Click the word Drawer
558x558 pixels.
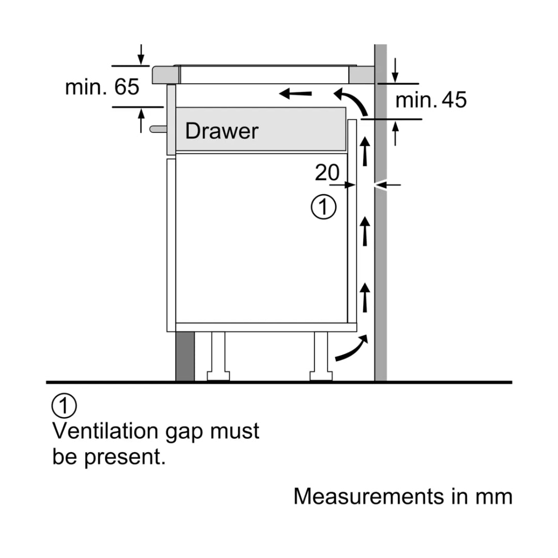click(x=222, y=131)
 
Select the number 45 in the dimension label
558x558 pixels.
click(x=454, y=100)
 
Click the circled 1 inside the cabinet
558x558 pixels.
click(x=323, y=207)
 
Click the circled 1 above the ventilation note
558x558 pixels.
click(x=64, y=406)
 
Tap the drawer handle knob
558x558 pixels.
click(x=158, y=129)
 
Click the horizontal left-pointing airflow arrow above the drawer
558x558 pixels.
click(x=296, y=94)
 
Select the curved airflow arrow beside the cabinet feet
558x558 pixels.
click(x=353, y=349)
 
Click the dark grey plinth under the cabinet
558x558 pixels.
click(x=185, y=356)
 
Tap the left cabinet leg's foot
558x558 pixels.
click(x=218, y=376)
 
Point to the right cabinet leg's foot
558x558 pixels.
click(x=321, y=376)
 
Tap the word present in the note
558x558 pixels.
click(x=125, y=457)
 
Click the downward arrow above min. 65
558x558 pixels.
click(x=141, y=55)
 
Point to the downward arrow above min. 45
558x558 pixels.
click(x=395, y=70)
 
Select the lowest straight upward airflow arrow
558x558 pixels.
click(x=365, y=298)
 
